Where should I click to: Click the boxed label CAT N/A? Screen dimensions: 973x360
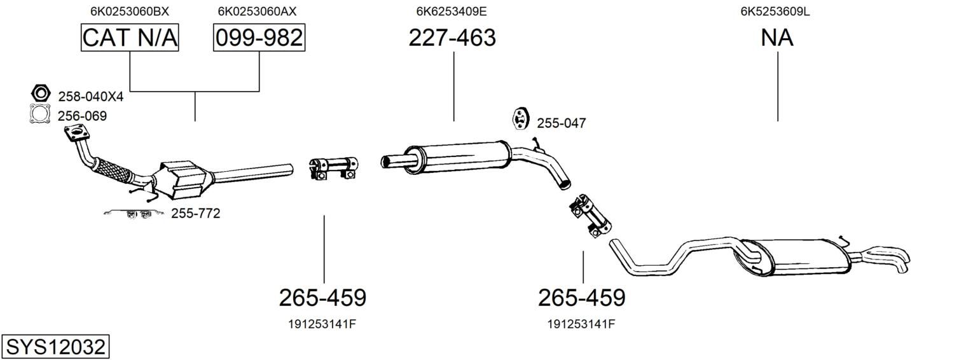[x=130, y=38]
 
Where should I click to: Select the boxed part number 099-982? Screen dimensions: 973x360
[x=259, y=38]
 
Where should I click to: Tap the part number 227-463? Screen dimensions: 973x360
[x=452, y=38]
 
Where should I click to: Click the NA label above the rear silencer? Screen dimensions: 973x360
[x=777, y=38]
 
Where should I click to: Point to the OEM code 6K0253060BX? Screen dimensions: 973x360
[x=130, y=11]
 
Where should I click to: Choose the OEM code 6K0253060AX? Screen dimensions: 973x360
[x=257, y=11]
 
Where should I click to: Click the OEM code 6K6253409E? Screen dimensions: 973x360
[x=452, y=11]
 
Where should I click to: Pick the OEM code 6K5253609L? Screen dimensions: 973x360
[x=775, y=11]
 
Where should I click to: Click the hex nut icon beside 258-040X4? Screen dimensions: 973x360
[x=41, y=93]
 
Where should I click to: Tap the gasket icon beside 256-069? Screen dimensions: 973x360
[x=40, y=114]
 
